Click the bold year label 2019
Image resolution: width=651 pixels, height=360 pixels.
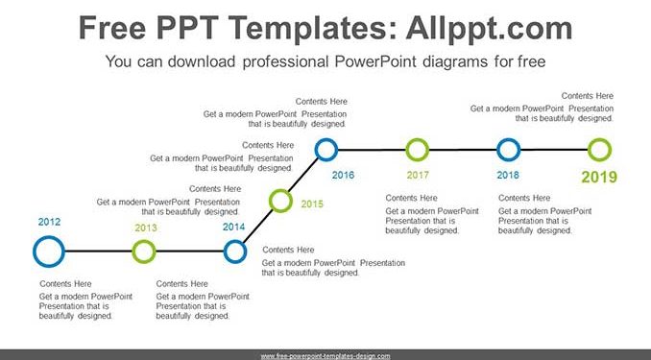pos(599,178)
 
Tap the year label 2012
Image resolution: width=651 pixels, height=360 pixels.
pos(49,222)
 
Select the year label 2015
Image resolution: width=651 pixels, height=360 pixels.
pos(312,204)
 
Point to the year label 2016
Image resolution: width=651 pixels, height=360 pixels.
pos(343,175)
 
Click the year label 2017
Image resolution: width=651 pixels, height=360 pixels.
pos(418,175)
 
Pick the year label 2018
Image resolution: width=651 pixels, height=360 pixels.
pos(508,175)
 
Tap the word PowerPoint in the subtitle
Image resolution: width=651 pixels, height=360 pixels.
pos(375,61)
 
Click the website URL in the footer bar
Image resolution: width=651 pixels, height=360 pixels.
pos(325,356)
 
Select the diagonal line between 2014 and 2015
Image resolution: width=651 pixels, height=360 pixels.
pos(258,227)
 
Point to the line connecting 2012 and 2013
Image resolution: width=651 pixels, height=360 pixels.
pos(98,252)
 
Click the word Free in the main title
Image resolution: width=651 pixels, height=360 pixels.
pos(112,28)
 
